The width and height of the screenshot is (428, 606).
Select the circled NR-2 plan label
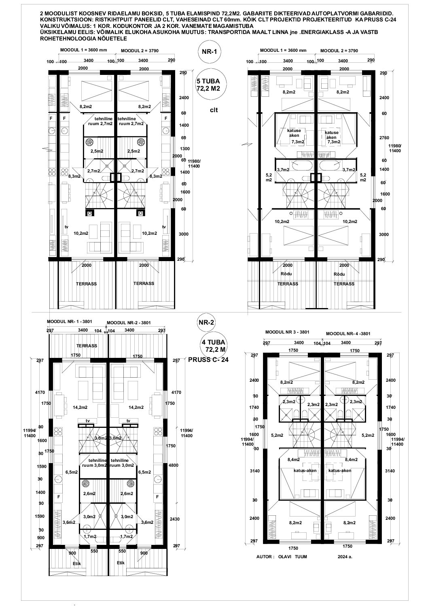coord(206,322)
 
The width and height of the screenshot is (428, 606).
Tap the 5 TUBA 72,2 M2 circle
coord(212,85)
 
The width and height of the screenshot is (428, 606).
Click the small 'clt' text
coord(214,110)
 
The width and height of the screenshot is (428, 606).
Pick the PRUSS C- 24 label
coord(208,359)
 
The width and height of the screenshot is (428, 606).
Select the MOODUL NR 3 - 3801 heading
coord(287,332)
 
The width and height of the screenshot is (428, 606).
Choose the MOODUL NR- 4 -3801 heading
coord(348,334)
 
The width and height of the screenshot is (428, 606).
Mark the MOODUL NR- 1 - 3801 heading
coord(69,321)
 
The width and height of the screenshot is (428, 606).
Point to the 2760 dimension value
coord(384,138)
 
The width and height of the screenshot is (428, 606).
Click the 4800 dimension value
coord(173,466)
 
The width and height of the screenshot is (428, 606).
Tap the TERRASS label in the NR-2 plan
coord(87,346)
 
